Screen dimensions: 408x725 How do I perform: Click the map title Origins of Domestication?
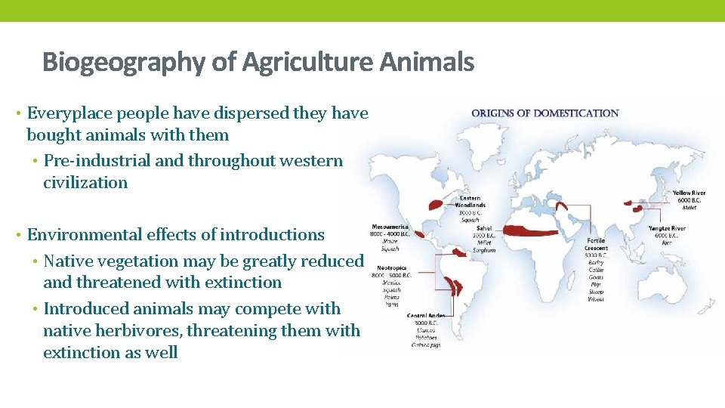coord(545,113)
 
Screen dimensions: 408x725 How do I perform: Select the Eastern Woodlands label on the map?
coord(470,202)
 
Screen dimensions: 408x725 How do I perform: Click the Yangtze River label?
coord(667,228)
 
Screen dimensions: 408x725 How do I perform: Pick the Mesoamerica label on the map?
coord(390,227)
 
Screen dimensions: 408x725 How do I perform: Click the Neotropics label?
coord(392,268)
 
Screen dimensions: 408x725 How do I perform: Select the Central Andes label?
coord(426,316)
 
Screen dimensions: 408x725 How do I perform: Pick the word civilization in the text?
coord(85,183)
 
